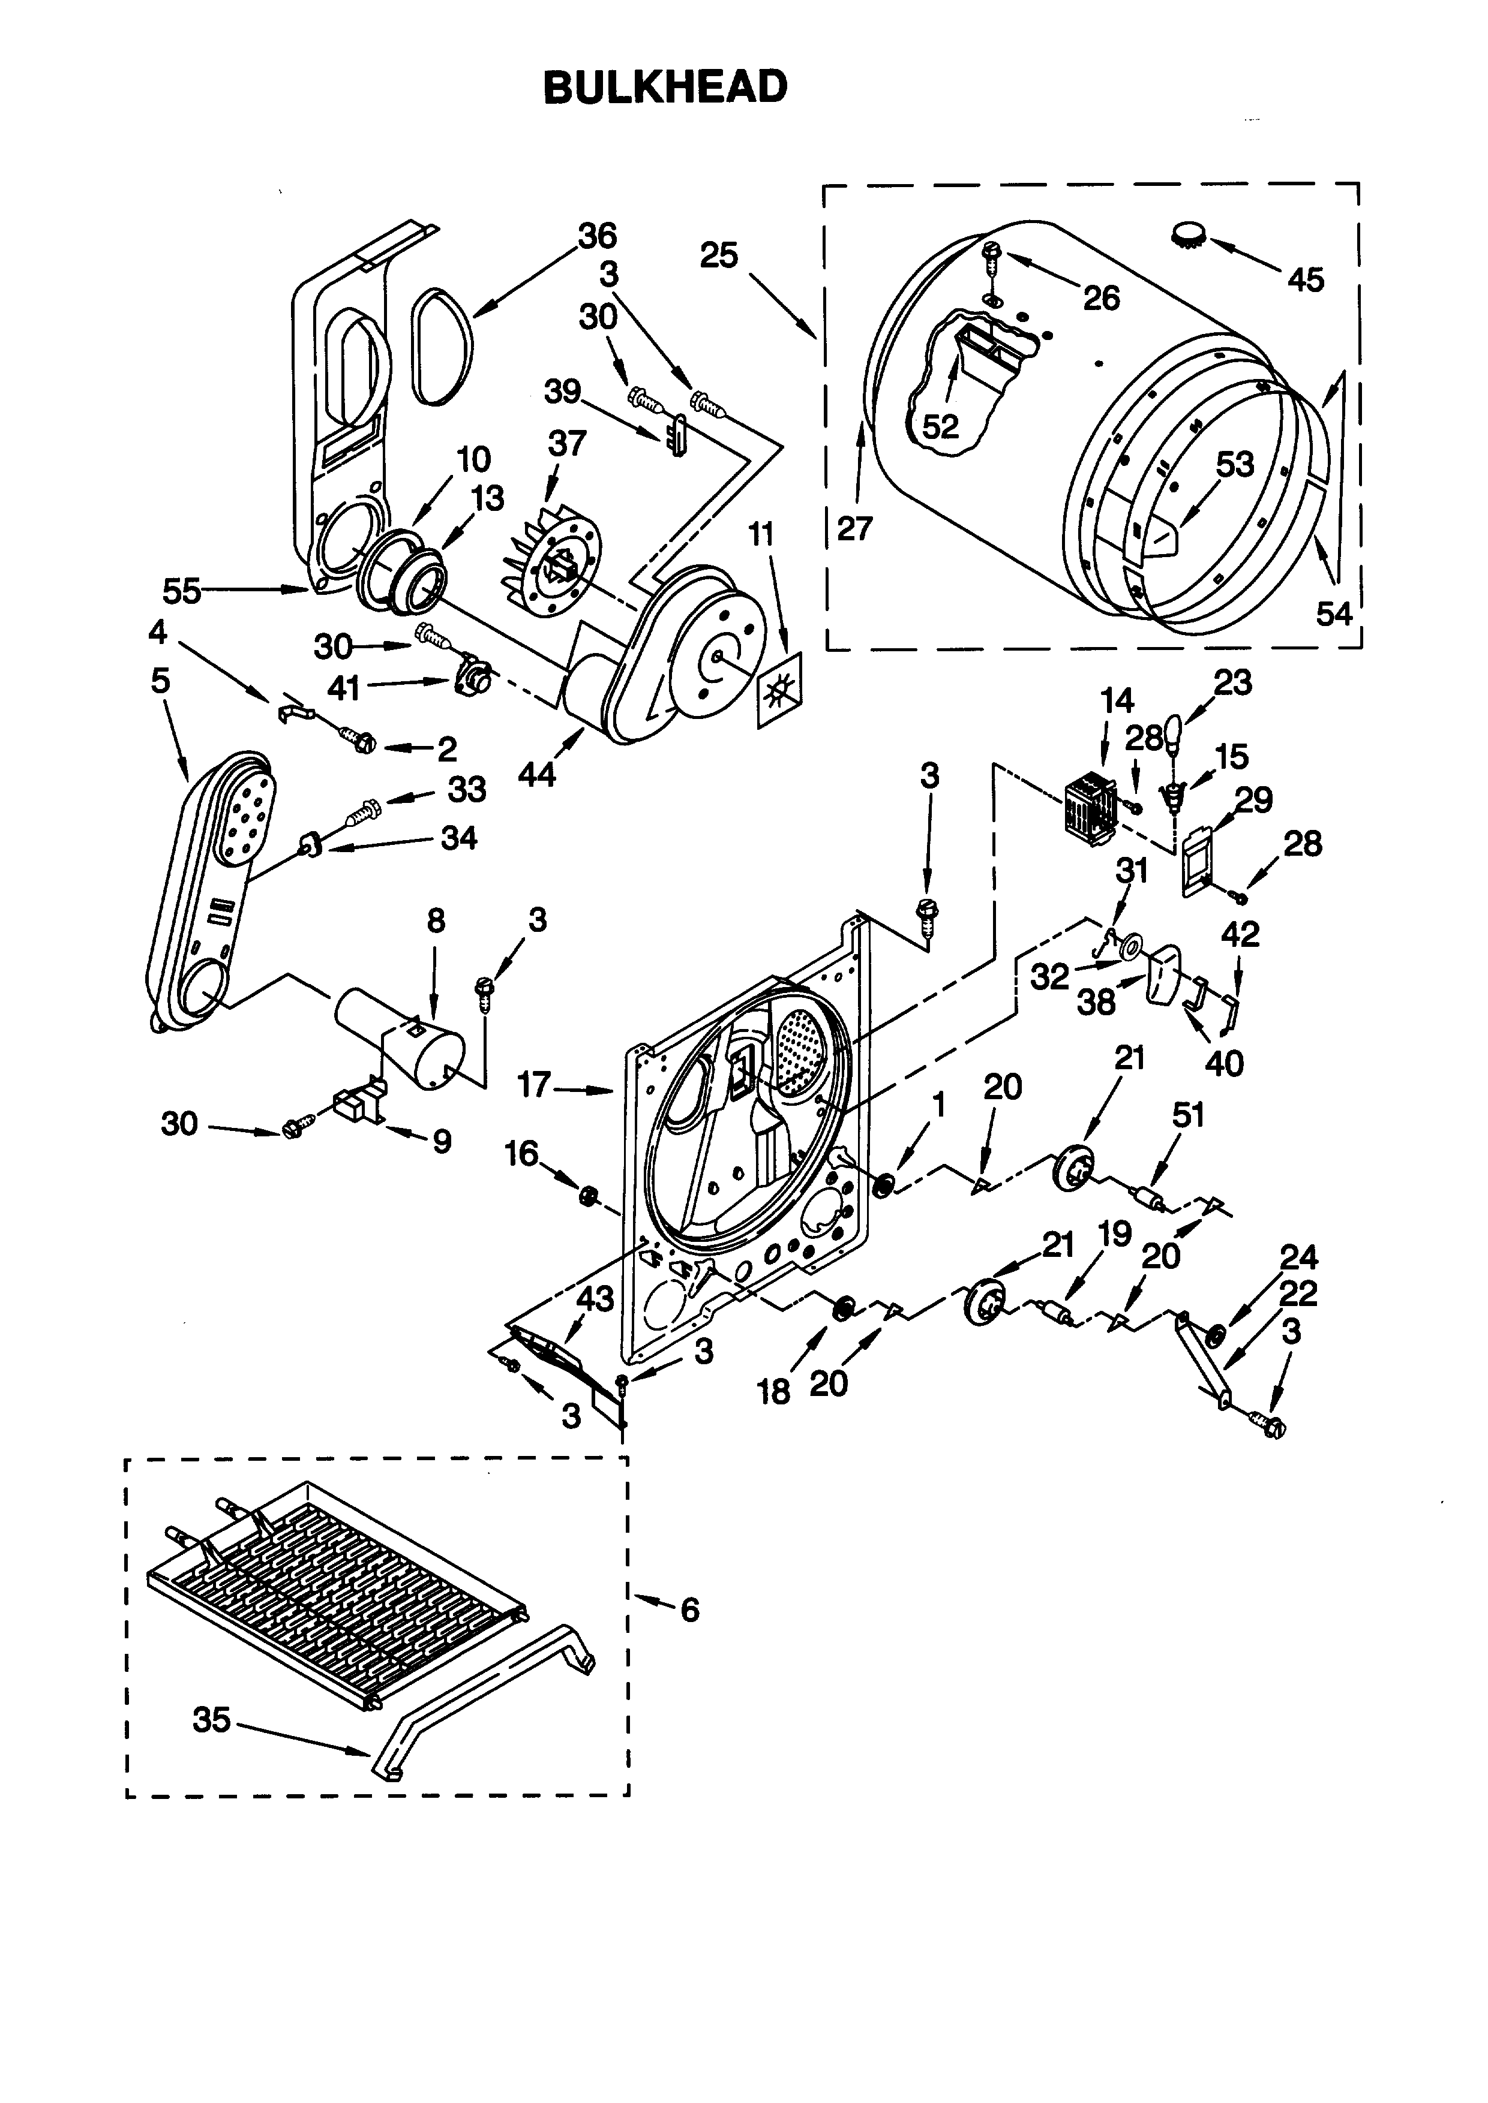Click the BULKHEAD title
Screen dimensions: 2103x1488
(665, 88)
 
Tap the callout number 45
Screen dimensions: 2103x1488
(1306, 279)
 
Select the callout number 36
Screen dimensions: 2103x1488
(598, 236)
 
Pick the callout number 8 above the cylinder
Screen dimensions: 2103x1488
(436, 920)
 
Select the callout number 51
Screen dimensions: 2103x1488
(1189, 1115)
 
